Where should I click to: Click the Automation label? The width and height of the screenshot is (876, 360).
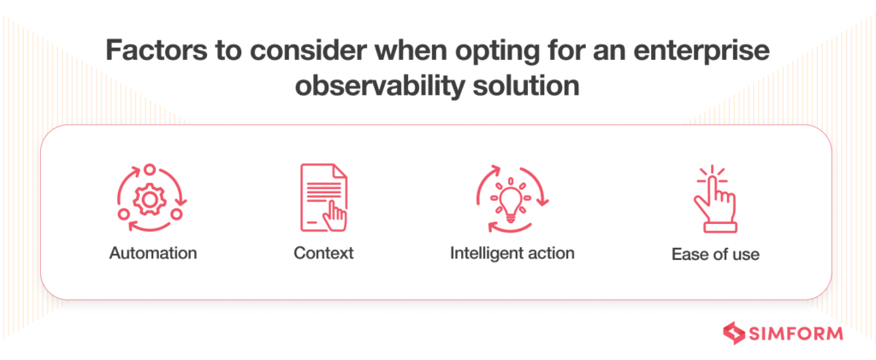pos(153,253)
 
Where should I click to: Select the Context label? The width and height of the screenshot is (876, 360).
pos(323,253)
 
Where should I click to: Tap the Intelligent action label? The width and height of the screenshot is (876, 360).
pos(512,253)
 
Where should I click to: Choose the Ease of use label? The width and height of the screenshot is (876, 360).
pos(714,254)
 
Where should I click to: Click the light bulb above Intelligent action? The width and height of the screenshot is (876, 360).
pos(512,198)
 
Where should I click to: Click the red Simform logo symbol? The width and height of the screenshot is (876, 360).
pos(735,333)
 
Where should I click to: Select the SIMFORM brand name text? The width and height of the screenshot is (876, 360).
pos(795,333)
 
